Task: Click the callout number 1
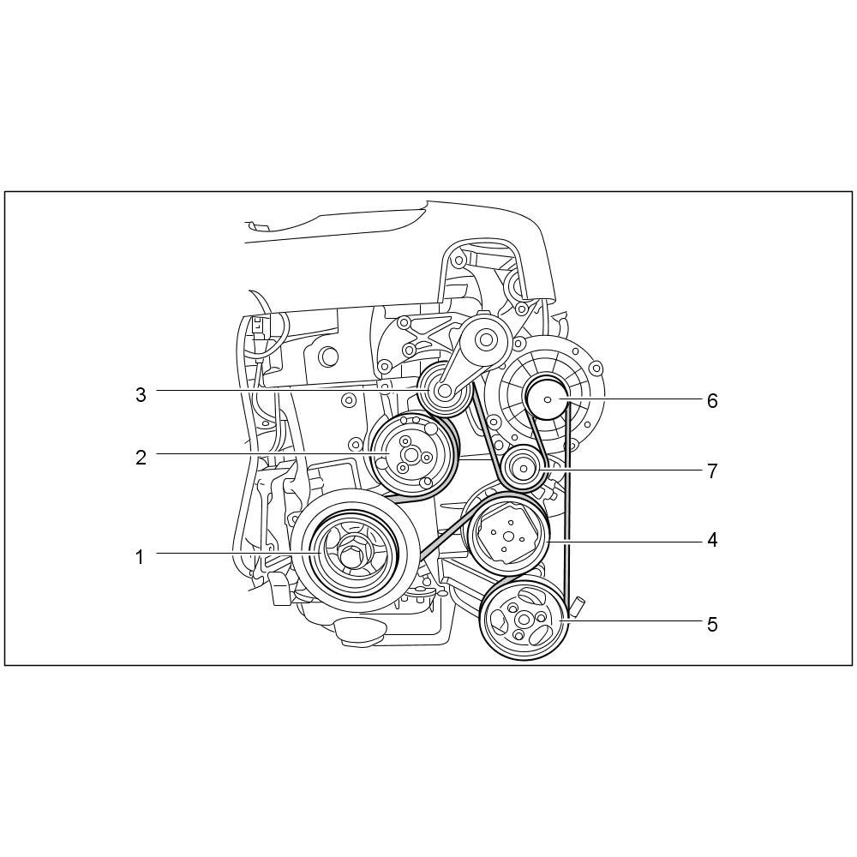click(x=140, y=558)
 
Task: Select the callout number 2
click(x=141, y=458)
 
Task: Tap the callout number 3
click(x=141, y=394)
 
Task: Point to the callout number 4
click(x=712, y=540)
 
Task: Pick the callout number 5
click(x=712, y=624)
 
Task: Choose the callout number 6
click(x=712, y=400)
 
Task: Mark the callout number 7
click(x=712, y=470)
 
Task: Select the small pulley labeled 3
click(x=444, y=390)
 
